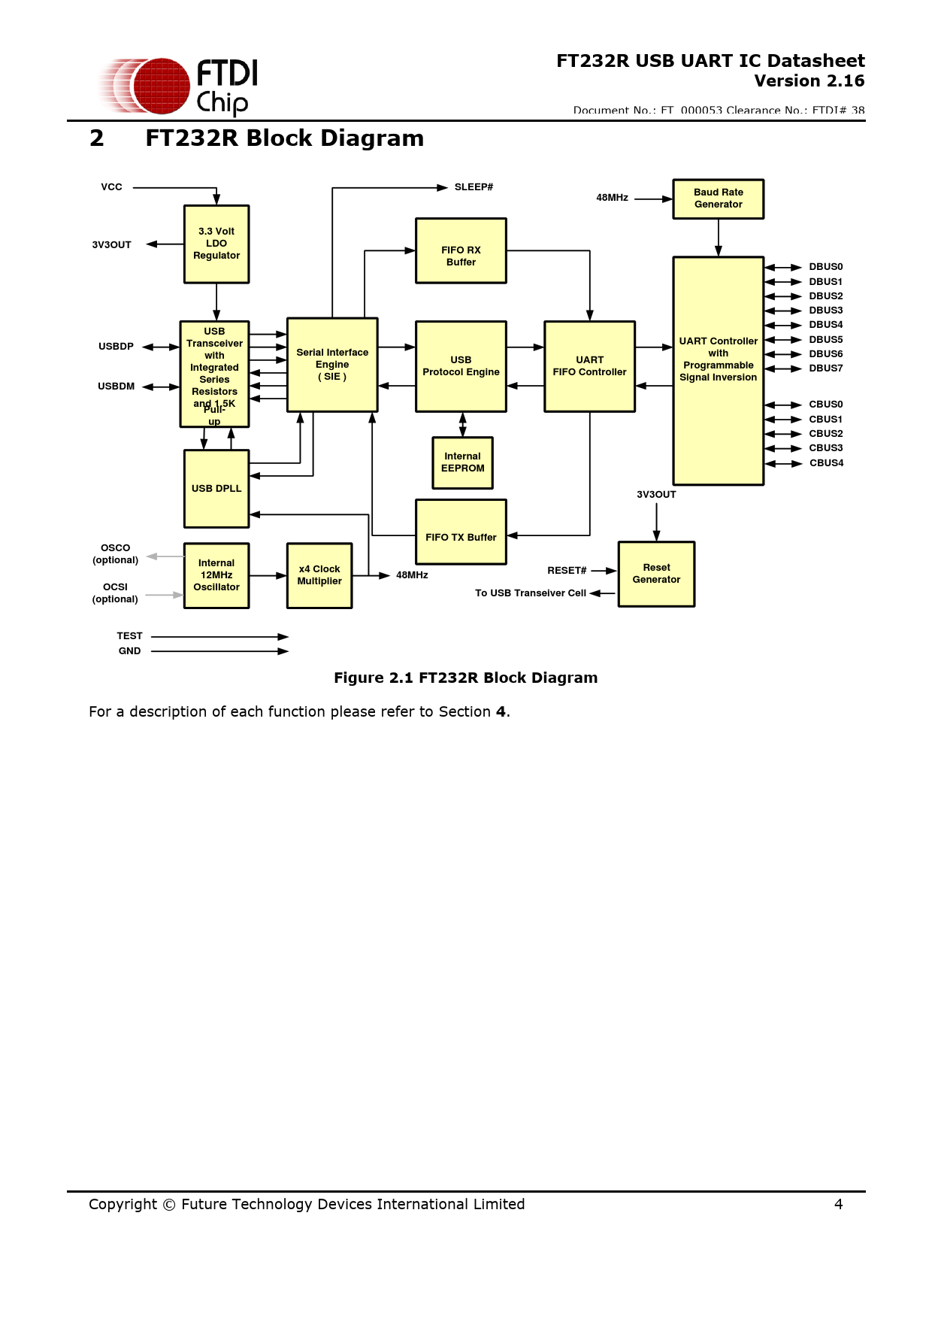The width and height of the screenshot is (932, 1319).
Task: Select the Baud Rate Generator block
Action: click(718, 199)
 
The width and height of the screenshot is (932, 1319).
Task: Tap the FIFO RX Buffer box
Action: click(461, 250)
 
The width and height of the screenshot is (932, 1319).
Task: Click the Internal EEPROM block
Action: click(462, 462)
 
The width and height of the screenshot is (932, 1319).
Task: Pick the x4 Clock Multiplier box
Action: click(319, 575)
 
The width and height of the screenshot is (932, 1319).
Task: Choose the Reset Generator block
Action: click(656, 574)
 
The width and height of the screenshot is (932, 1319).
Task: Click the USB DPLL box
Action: click(216, 489)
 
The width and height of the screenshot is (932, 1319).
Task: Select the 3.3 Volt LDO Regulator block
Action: click(216, 244)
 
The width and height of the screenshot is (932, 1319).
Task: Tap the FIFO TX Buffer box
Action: click(461, 532)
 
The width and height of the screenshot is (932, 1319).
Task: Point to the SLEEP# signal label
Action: click(474, 187)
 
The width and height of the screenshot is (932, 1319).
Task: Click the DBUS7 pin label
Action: click(825, 368)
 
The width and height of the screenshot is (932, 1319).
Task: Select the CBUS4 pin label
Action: click(826, 463)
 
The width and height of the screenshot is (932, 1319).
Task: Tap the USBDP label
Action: click(116, 347)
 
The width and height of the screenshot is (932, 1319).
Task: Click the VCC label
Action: click(111, 187)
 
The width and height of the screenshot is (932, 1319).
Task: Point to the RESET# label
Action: click(567, 571)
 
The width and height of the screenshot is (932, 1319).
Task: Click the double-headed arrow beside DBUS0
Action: click(783, 267)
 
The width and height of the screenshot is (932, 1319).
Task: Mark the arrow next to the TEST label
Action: click(219, 637)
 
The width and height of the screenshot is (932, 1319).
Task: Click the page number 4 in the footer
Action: click(838, 1204)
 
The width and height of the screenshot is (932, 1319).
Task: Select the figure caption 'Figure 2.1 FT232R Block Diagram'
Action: click(465, 678)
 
